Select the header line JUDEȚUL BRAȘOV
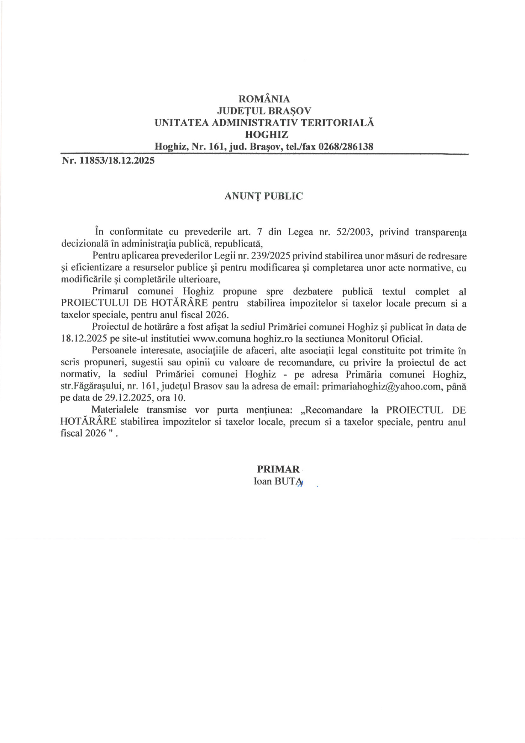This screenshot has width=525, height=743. click(264, 111)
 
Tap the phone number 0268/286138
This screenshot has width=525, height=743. click(346, 147)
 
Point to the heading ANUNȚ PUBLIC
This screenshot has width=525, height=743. click(264, 196)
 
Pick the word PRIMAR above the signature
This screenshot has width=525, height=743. click(278, 469)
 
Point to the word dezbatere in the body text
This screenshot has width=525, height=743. click(313, 292)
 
